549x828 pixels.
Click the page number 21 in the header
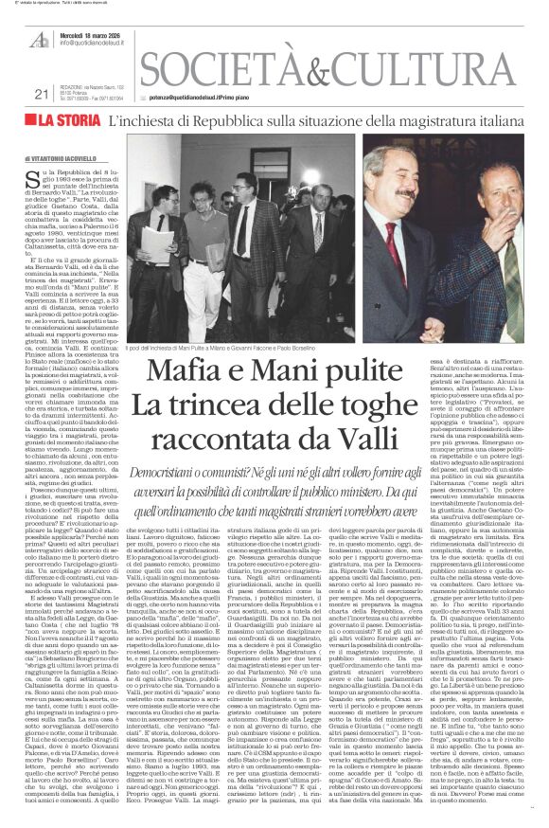41,93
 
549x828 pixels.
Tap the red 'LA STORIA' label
71,120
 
